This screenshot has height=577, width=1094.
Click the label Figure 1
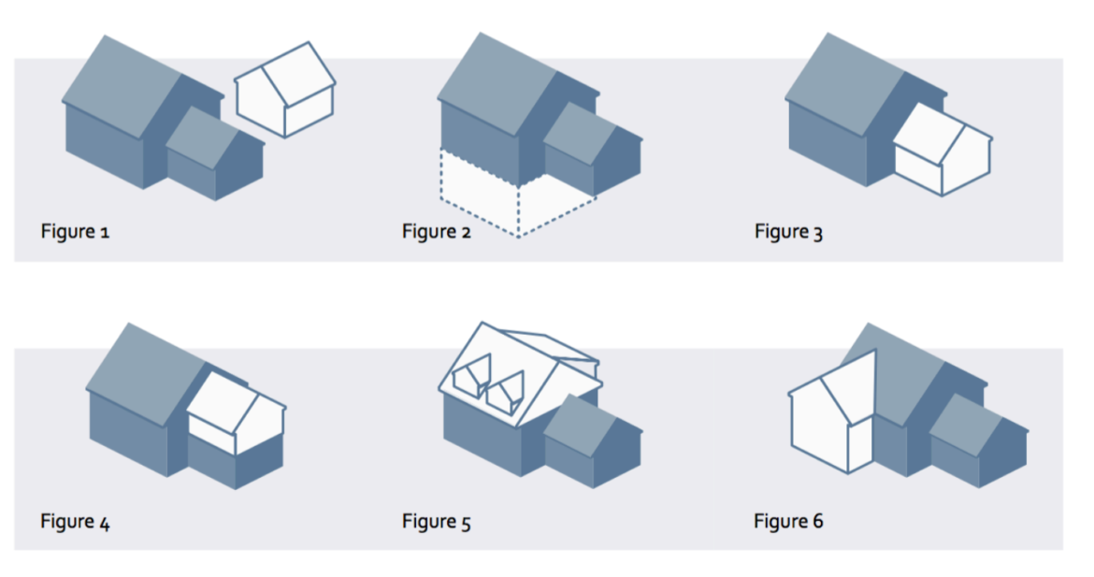pos(75,231)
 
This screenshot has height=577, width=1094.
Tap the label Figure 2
pos(436,231)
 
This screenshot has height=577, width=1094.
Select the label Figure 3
pos(788,231)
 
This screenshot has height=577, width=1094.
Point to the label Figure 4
pos(75,521)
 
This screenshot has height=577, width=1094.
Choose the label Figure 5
pos(436,521)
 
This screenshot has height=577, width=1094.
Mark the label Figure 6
pos(788,521)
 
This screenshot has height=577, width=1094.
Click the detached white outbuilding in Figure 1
pos(284,89)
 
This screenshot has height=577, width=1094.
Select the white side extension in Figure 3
pos(942,150)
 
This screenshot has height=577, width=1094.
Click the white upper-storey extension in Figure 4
pos(236,413)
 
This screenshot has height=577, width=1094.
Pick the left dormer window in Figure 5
pos(472,377)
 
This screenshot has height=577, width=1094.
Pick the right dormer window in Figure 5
pos(504,392)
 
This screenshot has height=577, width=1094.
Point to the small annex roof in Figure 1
pos(202,137)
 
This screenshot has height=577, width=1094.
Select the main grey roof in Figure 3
pos(845,84)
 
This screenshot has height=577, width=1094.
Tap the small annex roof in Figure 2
pos(580,134)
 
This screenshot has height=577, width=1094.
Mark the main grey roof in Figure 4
pos(146,375)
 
